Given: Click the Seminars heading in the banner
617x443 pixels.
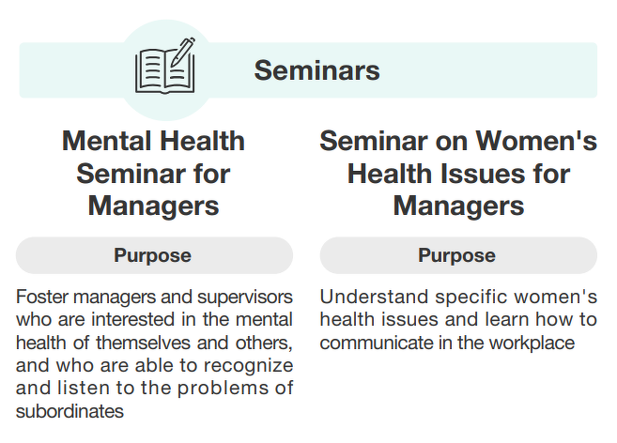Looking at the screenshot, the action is tap(316, 70).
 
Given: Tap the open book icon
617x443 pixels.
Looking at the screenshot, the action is tap(165, 70).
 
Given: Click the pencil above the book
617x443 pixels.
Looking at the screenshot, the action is tap(182, 52).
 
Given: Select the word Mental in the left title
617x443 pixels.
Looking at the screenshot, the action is tap(107, 141).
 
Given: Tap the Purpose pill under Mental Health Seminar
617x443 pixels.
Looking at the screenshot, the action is tap(154, 255).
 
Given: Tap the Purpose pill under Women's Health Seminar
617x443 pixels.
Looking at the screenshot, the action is tap(458, 255).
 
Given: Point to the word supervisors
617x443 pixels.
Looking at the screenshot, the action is tap(245, 298).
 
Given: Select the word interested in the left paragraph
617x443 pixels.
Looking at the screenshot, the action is tap(133, 319).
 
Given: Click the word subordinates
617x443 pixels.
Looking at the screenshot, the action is tap(69, 411).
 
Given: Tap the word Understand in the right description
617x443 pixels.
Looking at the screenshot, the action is tap(374, 297).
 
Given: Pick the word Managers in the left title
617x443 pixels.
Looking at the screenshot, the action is tap(153, 206).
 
